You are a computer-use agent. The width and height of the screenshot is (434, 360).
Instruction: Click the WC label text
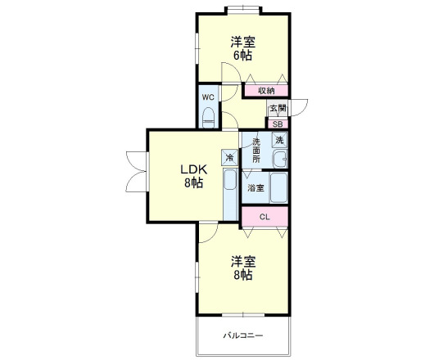pyautogui.click(x=208, y=97)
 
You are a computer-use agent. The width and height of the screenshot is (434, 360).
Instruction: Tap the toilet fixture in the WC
pyautogui.click(x=209, y=118)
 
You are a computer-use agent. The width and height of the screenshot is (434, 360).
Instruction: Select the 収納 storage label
pyautogui.click(x=266, y=91)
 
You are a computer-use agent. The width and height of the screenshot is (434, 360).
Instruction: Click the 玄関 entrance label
pyautogui.click(x=278, y=108)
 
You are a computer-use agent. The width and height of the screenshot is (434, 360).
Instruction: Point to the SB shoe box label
pyautogui.click(x=278, y=124)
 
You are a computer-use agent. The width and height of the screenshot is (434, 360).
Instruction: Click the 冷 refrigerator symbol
pyautogui.click(x=229, y=158)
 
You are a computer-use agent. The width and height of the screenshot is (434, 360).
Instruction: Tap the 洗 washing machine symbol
pyautogui.click(x=279, y=140)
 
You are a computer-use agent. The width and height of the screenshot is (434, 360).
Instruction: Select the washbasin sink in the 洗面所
pyautogui.click(x=280, y=159)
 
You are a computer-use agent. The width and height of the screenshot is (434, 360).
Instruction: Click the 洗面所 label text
pyautogui.click(x=256, y=151)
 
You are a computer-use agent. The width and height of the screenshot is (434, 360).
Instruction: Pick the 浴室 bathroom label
pyautogui.click(x=255, y=188)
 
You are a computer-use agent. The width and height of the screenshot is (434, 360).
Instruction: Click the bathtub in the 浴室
pyautogui.click(x=278, y=188)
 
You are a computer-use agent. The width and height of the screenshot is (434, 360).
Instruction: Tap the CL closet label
pyautogui.click(x=264, y=218)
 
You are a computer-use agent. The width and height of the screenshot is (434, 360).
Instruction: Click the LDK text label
pyautogui.click(x=194, y=169)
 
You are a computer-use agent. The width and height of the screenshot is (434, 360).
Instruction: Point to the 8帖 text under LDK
pyautogui.click(x=194, y=182)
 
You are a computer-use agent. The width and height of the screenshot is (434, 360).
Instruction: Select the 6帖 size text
pyautogui.click(x=242, y=56)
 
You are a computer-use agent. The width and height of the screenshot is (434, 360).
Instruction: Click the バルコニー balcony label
pyautogui.click(x=243, y=335)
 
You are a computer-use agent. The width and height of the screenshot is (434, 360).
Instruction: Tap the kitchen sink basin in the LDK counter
pyautogui.click(x=230, y=180)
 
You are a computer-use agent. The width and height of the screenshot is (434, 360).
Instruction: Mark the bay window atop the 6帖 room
pyautogui.click(x=243, y=10)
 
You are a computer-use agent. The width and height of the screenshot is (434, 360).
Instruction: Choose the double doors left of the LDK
pyautogui.click(x=136, y=172)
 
